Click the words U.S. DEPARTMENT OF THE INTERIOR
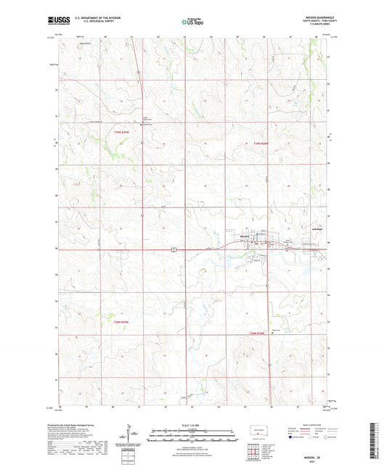point(91,19)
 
